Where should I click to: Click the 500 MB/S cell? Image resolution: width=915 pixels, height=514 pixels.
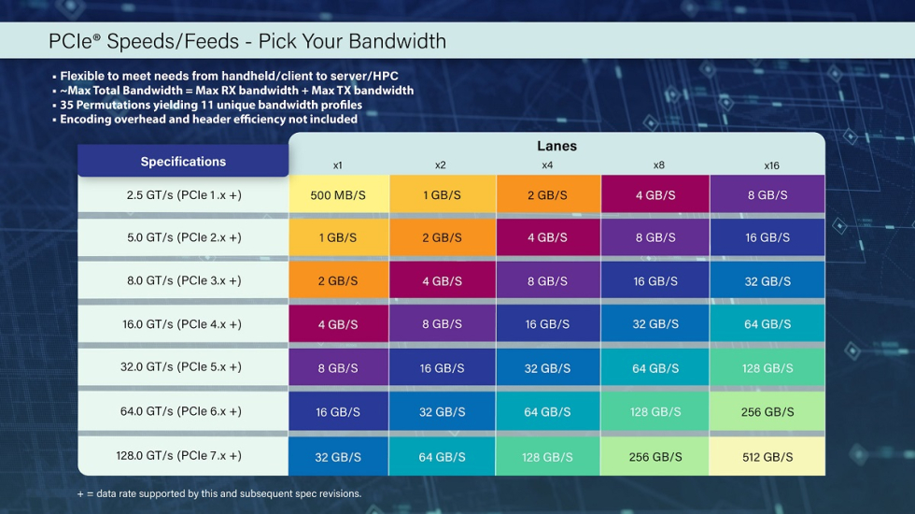point(338,194)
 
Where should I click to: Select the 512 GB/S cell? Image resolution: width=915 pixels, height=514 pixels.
point(767,457)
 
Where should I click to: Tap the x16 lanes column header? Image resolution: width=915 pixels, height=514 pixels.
point(771,165)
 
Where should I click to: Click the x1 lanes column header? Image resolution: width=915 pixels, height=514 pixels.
point(337,165)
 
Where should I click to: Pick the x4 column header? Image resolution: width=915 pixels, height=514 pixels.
point(547,165)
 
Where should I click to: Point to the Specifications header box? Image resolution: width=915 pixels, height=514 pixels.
point(183,161)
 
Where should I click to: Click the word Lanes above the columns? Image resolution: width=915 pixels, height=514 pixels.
point(556,146)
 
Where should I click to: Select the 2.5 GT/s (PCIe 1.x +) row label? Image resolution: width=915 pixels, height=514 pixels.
point(183,194)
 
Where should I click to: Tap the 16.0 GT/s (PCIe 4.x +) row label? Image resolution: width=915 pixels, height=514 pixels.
point(183,324)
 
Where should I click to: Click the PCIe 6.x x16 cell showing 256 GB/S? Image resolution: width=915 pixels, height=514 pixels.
point(767,412)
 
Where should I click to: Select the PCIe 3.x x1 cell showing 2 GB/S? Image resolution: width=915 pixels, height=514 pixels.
point(338,281)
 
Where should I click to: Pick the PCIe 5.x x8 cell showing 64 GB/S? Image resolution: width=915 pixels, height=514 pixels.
point(655,368)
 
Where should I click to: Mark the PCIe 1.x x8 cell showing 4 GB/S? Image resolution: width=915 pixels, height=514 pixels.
point(655,194)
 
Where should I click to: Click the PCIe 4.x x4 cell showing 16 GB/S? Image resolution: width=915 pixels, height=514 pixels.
point(547,324)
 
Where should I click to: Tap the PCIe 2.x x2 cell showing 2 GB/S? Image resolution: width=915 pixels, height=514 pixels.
point(442,237)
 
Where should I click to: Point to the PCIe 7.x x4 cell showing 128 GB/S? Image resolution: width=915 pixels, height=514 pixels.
point(547,457)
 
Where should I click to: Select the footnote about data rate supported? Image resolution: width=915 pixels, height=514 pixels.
point(218,493)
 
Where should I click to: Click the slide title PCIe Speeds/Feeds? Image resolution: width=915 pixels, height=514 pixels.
point(247,41)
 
